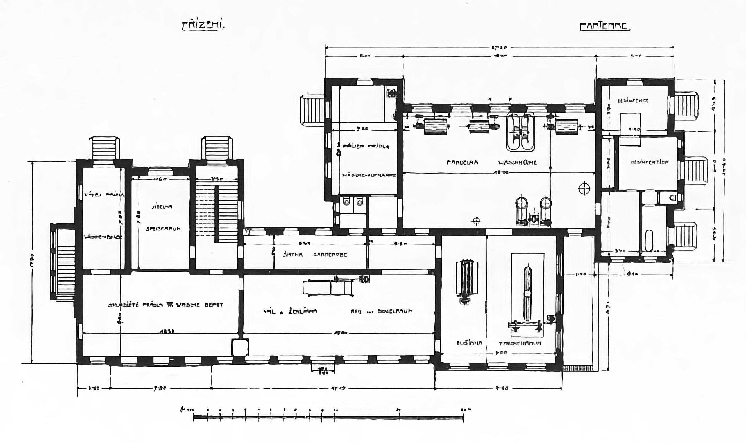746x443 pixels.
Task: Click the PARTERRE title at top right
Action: tap(604, 27)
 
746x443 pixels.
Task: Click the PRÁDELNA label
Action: tap(462, 163)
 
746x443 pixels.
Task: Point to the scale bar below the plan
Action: tap(328, 418)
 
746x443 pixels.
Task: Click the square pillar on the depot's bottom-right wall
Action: tap(240, 347)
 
